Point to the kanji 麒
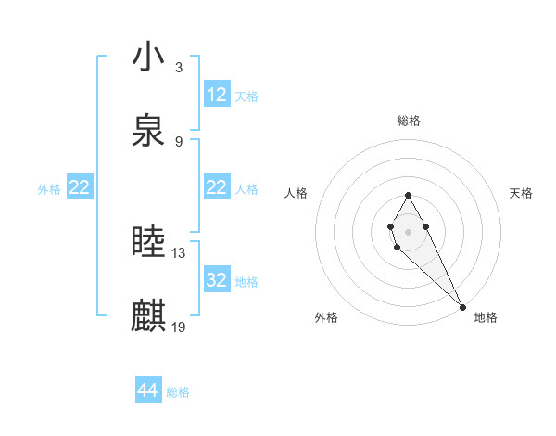click(x=148, y=316)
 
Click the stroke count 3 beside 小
click(x=179, y=67)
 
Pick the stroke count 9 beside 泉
click(x=179, y=142)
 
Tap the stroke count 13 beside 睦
click(x=179, y=252)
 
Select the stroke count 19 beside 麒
click(x=179, y=327)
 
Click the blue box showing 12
click(x=217, y=95)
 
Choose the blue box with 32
click(x=217, y=280)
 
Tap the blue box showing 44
click(x=147, y=391)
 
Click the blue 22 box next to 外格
click(x=80, y=188)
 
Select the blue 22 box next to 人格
click(x=217, y=188)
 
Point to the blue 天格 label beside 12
click(x=246, y=96)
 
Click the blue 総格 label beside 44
click(x=178, y=392)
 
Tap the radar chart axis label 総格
click(x=409, y=121)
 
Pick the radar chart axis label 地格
click(x=486, y=318)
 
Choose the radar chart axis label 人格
click(x=297, y=193)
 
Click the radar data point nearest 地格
click(x=462, y=306)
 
